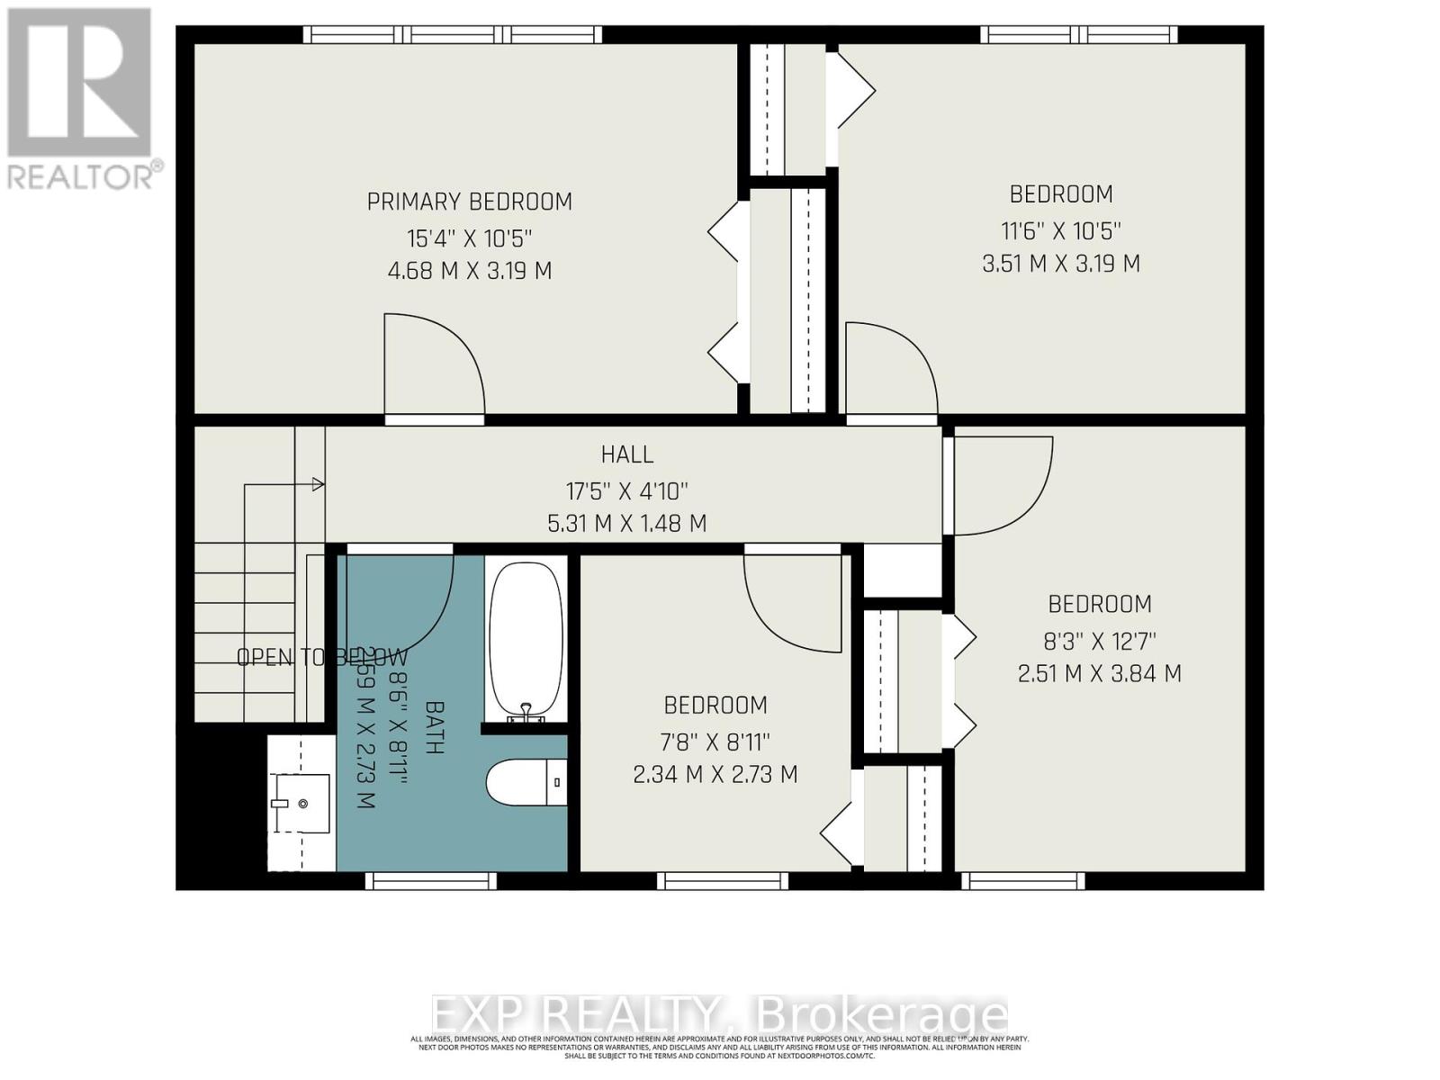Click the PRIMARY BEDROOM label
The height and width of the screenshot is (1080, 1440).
coord(469,202)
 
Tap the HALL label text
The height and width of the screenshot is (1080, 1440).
coord(627,454)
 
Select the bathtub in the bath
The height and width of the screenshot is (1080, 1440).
coord(526,641)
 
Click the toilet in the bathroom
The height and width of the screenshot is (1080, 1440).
coord(526,782)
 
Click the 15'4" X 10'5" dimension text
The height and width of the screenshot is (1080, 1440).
coord(469,238)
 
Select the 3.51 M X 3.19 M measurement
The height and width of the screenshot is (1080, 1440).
coord(1061,264)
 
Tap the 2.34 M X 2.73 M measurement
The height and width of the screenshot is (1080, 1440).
coord(715,774)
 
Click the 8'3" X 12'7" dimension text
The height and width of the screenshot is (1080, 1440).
coord(1099,641)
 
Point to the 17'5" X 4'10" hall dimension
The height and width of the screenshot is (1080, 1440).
coord(627,491)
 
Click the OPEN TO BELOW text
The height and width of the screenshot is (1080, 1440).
coord(321,657)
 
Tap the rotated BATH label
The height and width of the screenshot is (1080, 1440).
coord(434,727)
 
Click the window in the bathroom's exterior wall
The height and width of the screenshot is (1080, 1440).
coord(431,880)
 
